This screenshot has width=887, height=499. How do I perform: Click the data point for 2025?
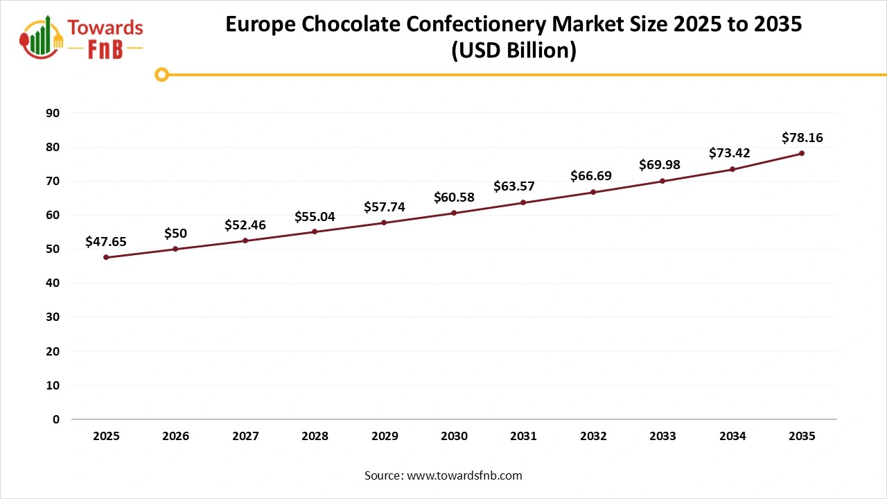tap(106, 257)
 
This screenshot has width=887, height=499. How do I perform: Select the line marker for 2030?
tap(454, 213)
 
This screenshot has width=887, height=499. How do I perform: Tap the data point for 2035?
tap(802, 153)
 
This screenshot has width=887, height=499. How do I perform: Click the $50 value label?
tap(175, 234)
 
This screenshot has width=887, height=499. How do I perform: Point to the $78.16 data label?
tap(802, 138)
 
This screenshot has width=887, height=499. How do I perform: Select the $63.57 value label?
tap(513, 186)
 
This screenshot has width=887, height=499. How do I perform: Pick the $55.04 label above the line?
tap(315, 217)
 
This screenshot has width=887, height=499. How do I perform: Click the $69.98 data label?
tap(660, 165)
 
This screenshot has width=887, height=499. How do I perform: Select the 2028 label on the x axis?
tap(315, 437)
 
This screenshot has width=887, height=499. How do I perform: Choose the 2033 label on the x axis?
tap(662, 437)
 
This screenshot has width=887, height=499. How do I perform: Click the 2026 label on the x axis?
tap(175, 437)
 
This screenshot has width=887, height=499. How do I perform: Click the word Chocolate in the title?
tap(367, 24)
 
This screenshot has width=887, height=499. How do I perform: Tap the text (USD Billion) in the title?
tap(513, 51)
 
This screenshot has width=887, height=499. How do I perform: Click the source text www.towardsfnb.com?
tap(464, 475)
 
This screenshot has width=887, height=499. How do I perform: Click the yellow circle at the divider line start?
tap(161, 74)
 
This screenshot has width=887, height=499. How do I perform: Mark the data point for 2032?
tap(593, 192)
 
